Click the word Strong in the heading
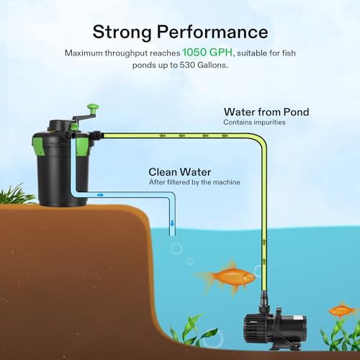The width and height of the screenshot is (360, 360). click(122, 32)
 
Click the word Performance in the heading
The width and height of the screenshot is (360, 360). click(212, 32)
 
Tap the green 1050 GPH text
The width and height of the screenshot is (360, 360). click(207, 52)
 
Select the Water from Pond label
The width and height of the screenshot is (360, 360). click(266, 112)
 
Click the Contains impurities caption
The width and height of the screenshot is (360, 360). click(254, 122)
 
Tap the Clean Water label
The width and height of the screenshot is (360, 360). click(180, 172)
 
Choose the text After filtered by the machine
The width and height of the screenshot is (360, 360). click(194, 182)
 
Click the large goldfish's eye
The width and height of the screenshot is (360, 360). click(251, 277)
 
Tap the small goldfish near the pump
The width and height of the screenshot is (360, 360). click(342, 310)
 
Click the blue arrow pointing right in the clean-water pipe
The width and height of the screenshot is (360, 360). click(100, 195)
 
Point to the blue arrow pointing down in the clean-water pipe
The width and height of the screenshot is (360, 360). click(172, 223)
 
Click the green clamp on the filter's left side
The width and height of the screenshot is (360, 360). click(38, 145)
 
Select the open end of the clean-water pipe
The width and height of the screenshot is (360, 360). click(172, 235)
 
